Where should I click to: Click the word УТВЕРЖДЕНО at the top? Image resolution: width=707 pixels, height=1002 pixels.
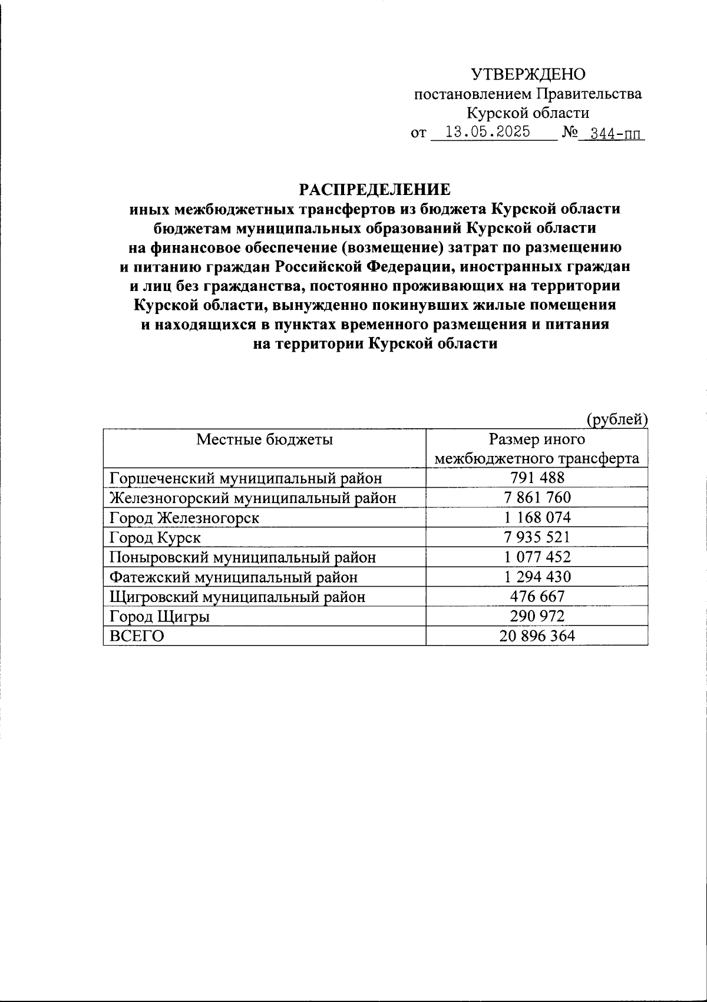pos(528,74)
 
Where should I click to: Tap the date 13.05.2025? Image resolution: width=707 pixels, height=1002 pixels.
pos(487,131)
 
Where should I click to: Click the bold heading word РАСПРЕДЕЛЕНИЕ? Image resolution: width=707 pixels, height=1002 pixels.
pos(375,189)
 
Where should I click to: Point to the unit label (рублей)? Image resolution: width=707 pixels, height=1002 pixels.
pos(617,419)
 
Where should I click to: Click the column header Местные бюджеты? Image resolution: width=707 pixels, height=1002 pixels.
pos(264,439)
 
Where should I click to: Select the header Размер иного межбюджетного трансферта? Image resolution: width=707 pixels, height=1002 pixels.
pos(537,449)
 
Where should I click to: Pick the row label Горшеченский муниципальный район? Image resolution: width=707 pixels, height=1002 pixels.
pos(246,478)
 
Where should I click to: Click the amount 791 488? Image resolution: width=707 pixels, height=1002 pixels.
pos(537,478)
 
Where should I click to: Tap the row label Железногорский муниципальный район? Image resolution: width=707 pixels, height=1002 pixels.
pos(253,498)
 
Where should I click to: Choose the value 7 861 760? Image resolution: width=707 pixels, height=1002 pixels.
pos(537,498)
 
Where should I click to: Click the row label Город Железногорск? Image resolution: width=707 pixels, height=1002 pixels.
pos(184,518)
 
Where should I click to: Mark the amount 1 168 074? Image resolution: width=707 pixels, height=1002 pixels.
pos(537,518)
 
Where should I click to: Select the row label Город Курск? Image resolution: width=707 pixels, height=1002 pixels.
pos(156,538)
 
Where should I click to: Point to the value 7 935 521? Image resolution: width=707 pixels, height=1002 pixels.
pos(537,537)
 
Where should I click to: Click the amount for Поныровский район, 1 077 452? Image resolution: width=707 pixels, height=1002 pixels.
pos(537,557)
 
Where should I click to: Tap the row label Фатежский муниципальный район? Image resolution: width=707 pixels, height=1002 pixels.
pos(234,577)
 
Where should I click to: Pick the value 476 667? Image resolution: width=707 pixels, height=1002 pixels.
pos(537,596)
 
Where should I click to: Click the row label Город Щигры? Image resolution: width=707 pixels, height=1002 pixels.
pos(160,617)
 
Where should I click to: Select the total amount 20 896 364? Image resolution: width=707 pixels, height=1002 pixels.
pos(537,636)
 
